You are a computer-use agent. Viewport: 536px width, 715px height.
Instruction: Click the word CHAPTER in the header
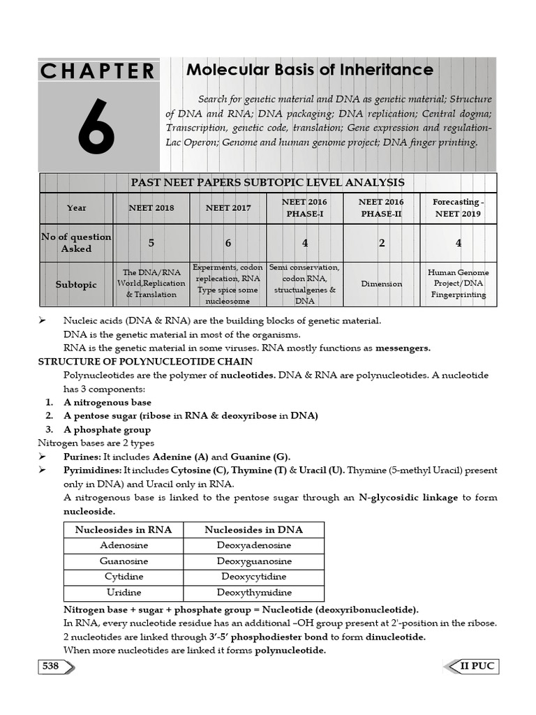click(x=98, y=71)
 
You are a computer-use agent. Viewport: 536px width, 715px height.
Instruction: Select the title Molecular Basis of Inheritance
click(x=309, y=70)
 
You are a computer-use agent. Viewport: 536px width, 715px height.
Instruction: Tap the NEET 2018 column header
click(x=151, y=208)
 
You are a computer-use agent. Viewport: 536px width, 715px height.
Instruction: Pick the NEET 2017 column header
click(x=228, y=208)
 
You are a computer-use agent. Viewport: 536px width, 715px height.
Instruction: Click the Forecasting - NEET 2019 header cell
click(x=457, y=208)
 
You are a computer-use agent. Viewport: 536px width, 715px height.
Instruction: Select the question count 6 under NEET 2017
click(x=228, y=243)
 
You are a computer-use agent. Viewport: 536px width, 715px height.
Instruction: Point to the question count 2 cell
click(x=381, y=243)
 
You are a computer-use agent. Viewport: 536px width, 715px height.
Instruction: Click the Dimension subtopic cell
click(x=381, y=284)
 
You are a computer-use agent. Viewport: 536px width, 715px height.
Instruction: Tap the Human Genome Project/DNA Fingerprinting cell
click(x=458, y=283)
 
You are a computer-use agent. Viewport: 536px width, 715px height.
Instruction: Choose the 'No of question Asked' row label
click(x=76, y=243)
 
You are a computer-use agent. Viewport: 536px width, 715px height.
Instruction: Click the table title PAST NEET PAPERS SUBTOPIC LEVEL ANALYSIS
click(x=268, y=182)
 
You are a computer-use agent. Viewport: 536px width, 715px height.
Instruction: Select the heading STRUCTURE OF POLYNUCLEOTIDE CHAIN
click(x=145, y=362)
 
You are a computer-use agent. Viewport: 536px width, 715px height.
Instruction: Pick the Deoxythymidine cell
click(x=254, y=592)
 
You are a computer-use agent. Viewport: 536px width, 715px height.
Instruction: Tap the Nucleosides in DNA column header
click(x=254, y=529)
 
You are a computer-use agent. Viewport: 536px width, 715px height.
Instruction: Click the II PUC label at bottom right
click(x=477, y=666)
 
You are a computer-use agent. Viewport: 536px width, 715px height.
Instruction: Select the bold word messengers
click(x=403, y=348)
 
